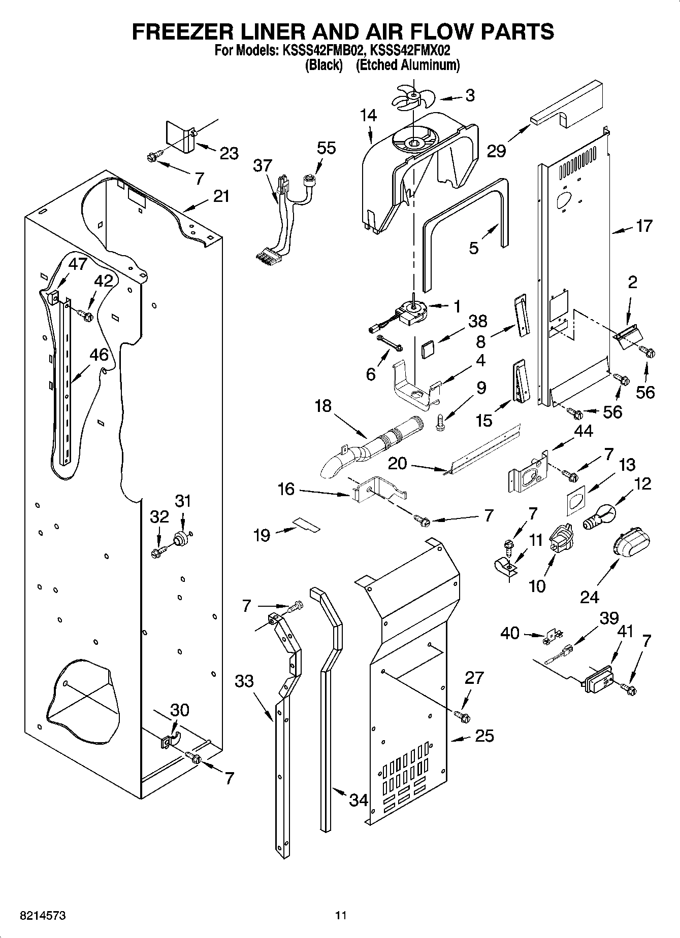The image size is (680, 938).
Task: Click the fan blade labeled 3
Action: [x=413, y=96]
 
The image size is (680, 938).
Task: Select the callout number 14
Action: [x=369, y=116]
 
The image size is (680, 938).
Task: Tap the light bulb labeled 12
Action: [x=598, y=518]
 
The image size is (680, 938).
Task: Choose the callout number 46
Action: [x=99, y=355]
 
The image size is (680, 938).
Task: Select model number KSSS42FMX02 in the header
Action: [x=410, y=51]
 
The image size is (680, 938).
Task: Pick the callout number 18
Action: [x=323, y=405]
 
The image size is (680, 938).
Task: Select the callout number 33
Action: [x=244, y=681]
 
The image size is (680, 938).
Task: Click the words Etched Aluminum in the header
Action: [x=408, y=65]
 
